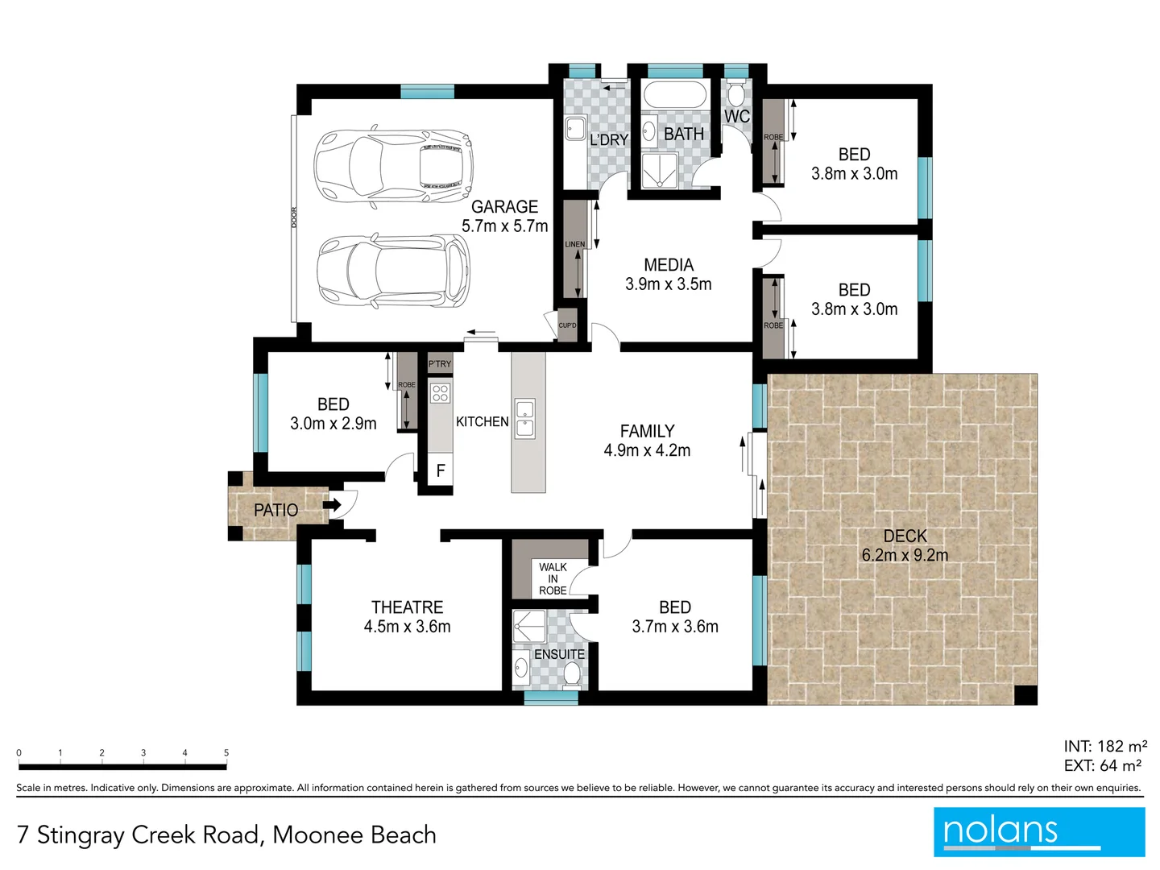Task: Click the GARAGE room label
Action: (x=504, y=207)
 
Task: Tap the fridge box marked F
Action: (x=441, y=470)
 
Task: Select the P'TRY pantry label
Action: (x=440, y=364)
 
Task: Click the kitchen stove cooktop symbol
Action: (x=440, y=393)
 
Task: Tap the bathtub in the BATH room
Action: (x=675, y=95)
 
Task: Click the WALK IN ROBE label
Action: (x=553, y=578)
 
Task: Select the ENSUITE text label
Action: (x=559, y=654)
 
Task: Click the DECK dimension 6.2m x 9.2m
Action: (x=905, y=555)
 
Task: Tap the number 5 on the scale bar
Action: (x=226, y=753)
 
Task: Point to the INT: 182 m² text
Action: (x=1104, y=746)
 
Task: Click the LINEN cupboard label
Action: (x=575, y=244)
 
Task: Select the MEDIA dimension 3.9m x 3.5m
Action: (x=668, y=284)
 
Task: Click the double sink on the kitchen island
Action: (x=524, y=419)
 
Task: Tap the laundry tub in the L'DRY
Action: (x=575, y=128)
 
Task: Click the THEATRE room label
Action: (x=407, y=607)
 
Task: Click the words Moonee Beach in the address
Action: (x=354, y=835)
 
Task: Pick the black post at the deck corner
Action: (x=1025, y=694)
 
